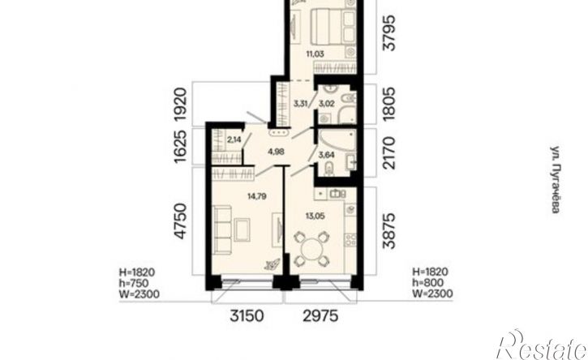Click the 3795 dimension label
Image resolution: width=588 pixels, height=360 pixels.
point(388,33)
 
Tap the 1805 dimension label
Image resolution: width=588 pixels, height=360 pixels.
point(388,104)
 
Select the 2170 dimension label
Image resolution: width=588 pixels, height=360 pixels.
point(388,153)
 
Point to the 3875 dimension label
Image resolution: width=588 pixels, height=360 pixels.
point(388,231)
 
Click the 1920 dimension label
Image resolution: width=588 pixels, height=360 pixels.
point(180,104)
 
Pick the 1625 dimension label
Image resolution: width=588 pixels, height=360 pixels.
point(180,146)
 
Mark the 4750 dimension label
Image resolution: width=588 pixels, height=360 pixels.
point(180,221)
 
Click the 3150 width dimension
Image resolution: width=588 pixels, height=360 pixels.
point(247,315)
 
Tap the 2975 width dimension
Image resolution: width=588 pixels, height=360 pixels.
point(320,315)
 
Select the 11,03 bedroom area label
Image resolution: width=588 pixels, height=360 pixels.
point(315,54)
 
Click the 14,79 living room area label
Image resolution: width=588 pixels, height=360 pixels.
point(257,195)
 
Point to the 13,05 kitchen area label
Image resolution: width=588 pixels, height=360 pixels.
point(315,216)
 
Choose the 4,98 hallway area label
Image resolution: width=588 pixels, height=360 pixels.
point(276,152)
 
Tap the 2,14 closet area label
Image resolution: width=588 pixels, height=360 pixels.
point(234,140)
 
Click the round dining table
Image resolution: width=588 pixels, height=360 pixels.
point(311,249)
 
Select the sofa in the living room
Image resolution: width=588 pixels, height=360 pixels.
point(221,229)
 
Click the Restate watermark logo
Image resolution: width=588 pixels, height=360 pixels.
point(542,345)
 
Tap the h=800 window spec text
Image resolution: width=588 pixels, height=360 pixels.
point(428,282)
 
